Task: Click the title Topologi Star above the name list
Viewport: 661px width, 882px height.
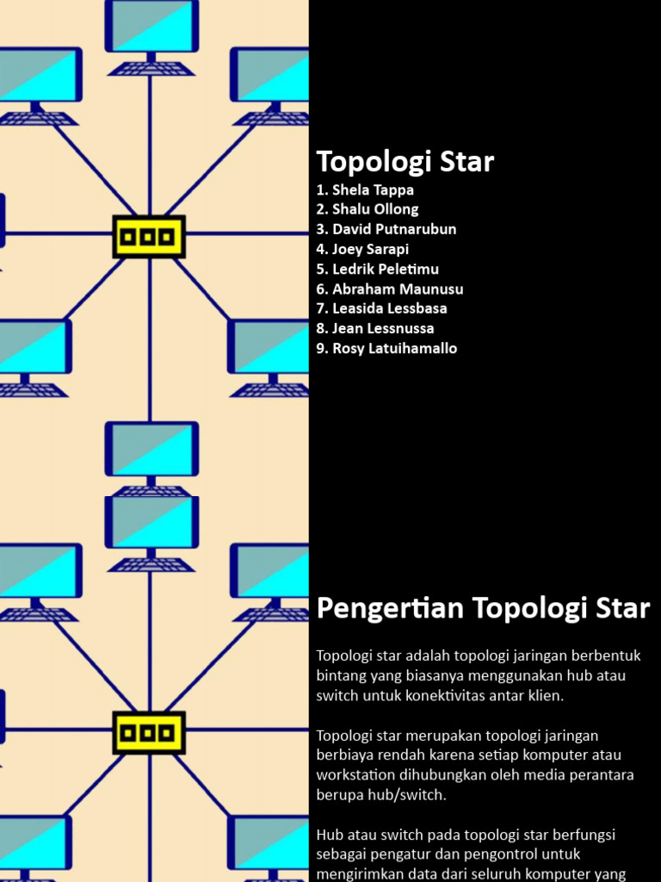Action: point(405,162)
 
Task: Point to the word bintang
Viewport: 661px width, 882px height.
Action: point(342,675)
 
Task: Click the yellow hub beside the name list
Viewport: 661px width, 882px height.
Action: point(149,237)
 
